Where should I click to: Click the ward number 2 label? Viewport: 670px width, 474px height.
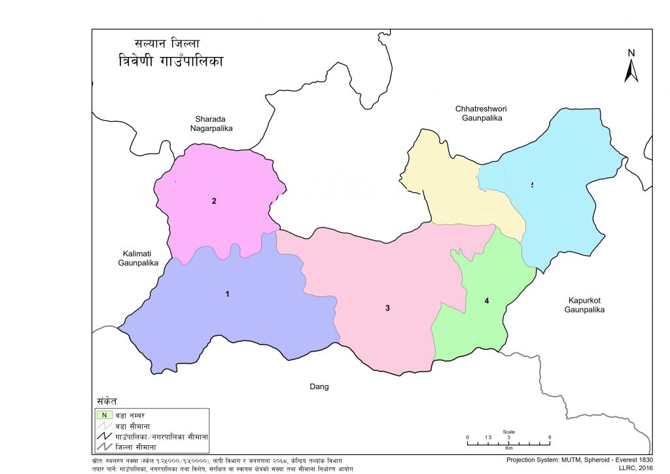click(214, 201)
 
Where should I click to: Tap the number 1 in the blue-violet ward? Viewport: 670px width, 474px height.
click(227, 294)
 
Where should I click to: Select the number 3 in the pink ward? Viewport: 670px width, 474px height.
click(387, 308)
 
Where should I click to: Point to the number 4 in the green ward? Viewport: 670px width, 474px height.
click(487, 301)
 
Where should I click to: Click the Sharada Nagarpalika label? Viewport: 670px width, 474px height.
click(211, 124)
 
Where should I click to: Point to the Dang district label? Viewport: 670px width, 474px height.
click(319, 387)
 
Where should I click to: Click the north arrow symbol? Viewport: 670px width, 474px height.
click(631, 71)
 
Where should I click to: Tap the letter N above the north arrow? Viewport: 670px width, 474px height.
click(631, 53)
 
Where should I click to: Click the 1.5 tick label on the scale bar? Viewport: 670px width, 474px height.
click(487, 437)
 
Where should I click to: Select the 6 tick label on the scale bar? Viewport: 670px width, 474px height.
click(550, 437)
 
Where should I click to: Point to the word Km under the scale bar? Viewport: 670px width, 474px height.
click(508, 449)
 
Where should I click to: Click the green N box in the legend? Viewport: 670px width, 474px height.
click(103, 414)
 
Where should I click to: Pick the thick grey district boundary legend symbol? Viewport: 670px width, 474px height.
click(103, 447)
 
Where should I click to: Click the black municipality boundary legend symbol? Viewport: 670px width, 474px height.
click(103, 436)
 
